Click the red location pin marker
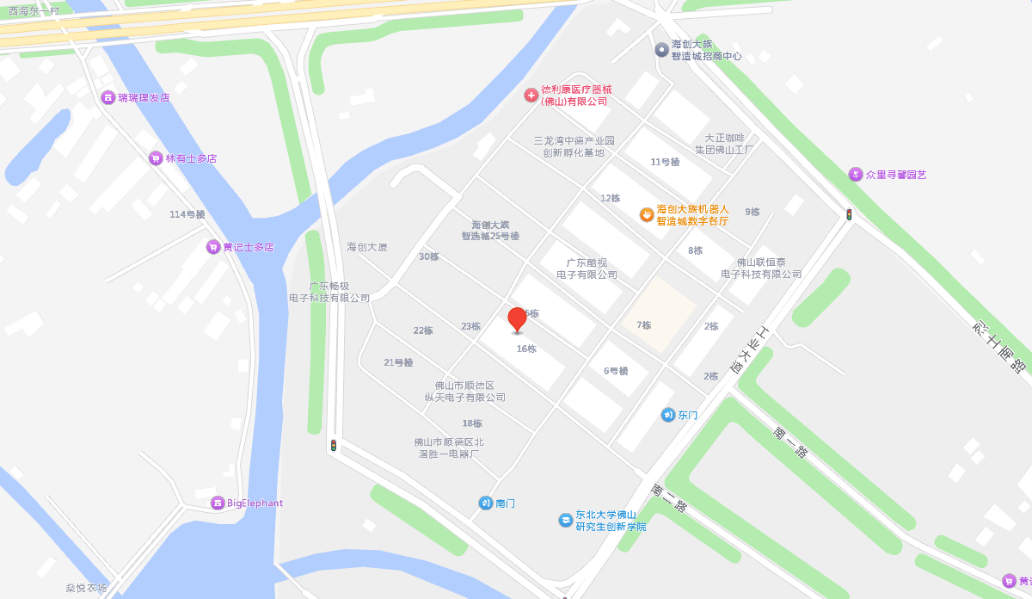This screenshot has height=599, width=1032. pos(517,319)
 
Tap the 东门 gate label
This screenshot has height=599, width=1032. pos(687,415)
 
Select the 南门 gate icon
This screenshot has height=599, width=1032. pos(486,503)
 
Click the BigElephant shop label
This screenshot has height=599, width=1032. pos(255,503)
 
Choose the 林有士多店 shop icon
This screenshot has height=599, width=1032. pos(156,158)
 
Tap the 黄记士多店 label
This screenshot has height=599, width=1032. pos(248,247)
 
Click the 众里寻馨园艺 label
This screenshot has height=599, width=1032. pos(895,175)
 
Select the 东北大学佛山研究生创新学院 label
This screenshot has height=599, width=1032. pos(611,520)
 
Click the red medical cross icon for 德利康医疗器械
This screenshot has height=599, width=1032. pos(531,95)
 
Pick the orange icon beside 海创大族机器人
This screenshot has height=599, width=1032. pos(647,214)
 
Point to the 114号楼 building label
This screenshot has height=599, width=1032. pos(187,214)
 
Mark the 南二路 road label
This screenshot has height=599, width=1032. pos(668,498)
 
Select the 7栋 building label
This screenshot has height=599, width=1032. pos(643,325)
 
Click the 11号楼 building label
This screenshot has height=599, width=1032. pos(665,162)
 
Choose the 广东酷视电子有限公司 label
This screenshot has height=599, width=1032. pos(587,269)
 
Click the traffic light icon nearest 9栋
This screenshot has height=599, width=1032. pos(849,214)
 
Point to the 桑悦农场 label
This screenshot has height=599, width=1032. pos(86,589)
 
